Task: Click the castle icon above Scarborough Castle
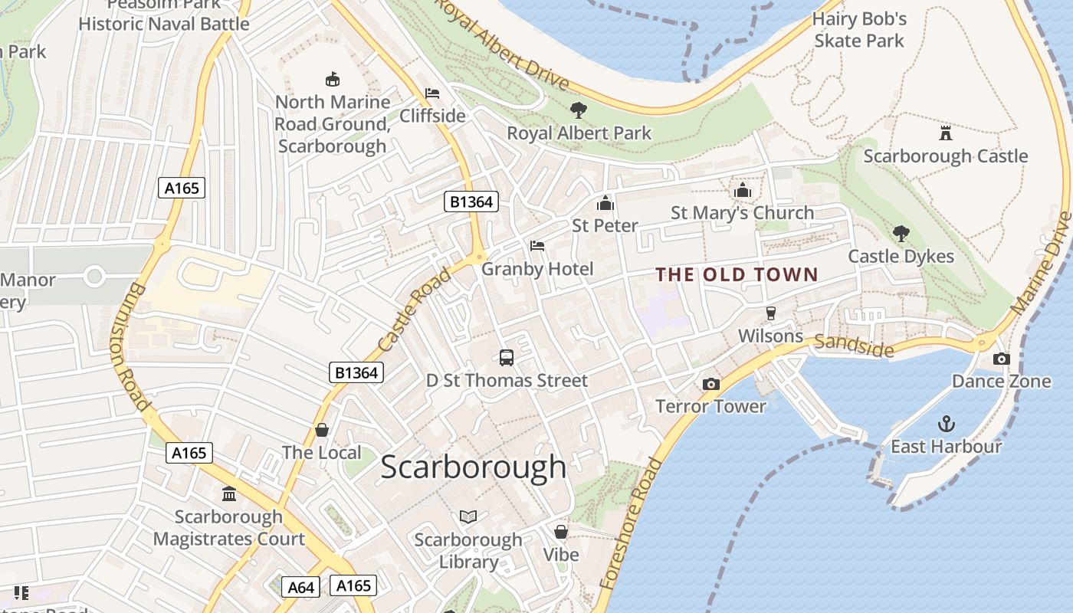[x=945, y=133]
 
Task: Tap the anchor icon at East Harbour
[x=947, y=424]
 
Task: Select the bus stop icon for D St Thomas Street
[x=506, y=357]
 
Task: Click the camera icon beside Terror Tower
[x=710, y=384]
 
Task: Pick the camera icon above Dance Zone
[x=1001, y=359]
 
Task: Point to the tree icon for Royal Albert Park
[x=579, y=110]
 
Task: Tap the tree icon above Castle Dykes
[x=901, y=233]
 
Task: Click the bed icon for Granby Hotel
[x=537, y=246]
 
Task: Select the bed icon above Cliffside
[x=432, y=93]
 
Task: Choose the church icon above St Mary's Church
[x=742, y=190]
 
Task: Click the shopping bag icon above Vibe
[x=561, y=531]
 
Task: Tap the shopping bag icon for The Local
[x=321, y=430]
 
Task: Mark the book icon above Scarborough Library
[x=468, y=516]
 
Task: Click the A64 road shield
[x=300, y=587]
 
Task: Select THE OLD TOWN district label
[x=737, y=274]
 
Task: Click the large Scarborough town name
[x=473, y=467]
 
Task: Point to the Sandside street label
[x=854, y=346]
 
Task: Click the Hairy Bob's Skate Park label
[x=859, y=29]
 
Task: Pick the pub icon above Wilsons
[x=770, y=313]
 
